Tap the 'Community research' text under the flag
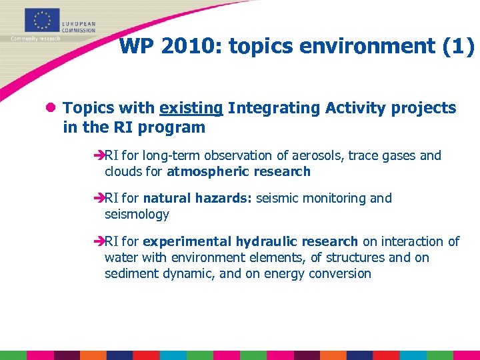pos(35,39)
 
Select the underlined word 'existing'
pos(191,108)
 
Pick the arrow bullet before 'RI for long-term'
pos(99,156)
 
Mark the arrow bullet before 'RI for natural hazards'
pos(99,199)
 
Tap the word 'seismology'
pos(137,214)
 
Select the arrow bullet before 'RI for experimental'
pos(99,242)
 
